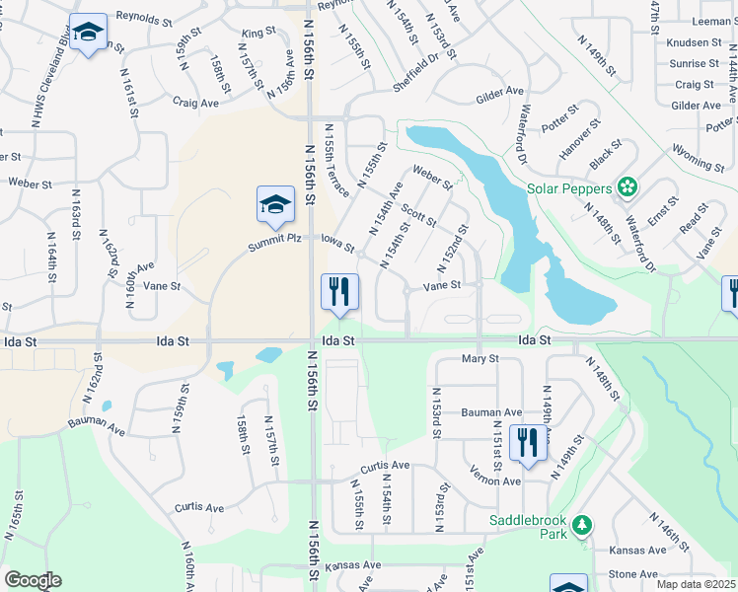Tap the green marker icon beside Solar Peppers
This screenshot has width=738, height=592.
pos(627,187)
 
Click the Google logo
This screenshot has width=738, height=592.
pos(33,580)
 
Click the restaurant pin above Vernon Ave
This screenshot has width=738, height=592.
pos(527,443)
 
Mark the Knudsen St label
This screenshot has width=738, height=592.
pos(694,43)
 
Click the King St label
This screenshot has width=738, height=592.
pos(258,33)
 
